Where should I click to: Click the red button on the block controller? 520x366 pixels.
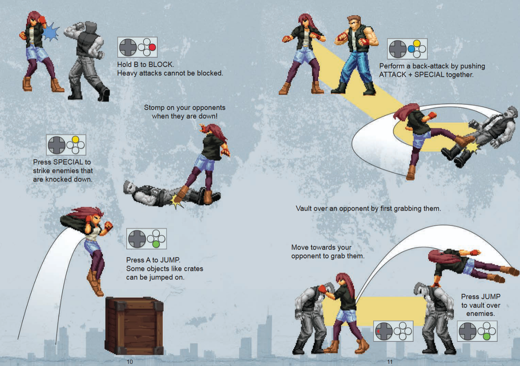[152, 48]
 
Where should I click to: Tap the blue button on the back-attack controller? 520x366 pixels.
[411, 49]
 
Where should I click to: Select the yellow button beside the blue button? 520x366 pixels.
[417, 43]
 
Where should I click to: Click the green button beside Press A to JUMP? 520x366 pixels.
[156, 244]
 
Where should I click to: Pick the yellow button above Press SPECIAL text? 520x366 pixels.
[75, 140]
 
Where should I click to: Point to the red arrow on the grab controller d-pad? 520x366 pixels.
[378, 331]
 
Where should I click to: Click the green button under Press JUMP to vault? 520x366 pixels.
[487, 336]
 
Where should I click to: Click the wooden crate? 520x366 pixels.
[134, 326]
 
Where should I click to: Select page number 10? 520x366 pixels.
[130, 362]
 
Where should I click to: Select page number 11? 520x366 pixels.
[390, 362]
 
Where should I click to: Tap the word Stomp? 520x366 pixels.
[152, 108]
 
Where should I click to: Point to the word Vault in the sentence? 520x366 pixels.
[303, 208]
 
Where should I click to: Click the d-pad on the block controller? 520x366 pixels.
[128, 48]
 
